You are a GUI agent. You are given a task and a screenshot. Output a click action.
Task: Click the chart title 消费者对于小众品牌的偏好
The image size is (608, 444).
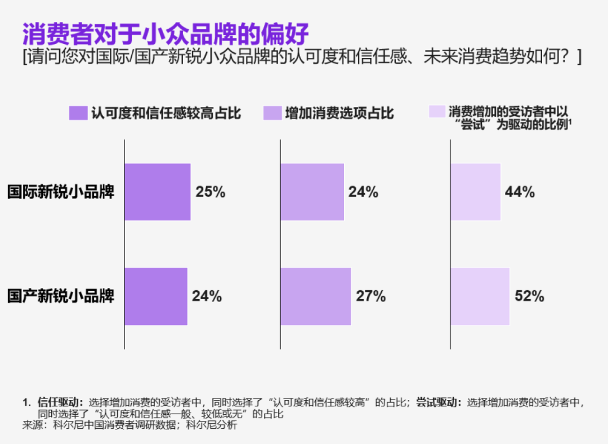[x=166, y=34]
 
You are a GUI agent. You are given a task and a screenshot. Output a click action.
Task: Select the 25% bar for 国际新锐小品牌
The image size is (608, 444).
[x=157, y=192]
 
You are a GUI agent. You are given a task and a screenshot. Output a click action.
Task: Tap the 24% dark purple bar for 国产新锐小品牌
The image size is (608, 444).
[x=155, y=296]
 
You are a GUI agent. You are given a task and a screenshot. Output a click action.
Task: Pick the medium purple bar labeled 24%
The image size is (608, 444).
[x=312, y=192]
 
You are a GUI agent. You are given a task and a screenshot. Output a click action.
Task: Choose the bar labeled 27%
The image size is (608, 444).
[x=315, y=296]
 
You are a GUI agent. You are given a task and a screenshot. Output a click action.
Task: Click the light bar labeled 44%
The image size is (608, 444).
[x=475, y=192]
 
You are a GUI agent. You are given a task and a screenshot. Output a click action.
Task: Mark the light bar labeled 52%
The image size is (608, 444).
[x=480, y=296]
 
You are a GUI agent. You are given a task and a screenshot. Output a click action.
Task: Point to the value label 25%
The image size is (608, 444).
[x=211, y=192]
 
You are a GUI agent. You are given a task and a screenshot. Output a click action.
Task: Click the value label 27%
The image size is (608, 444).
[x=371, y=296]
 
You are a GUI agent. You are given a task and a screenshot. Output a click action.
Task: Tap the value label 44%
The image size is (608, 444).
[x=520, y=192]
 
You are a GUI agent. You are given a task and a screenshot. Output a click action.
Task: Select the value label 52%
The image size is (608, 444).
[x=529, y=296]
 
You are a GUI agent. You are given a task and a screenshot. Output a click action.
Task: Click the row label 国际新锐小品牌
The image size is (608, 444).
[x=61, y=192]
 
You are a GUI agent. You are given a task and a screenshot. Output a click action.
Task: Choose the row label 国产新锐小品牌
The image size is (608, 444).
[x=61, y=296]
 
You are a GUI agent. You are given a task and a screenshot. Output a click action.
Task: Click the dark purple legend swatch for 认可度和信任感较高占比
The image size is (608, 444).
[x=78, y=113]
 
